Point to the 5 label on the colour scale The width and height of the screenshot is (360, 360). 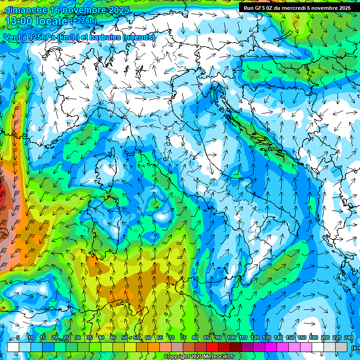tap(18, 337)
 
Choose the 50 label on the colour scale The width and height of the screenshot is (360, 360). tap(124, 337)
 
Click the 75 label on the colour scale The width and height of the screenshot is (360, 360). tap(183, 337)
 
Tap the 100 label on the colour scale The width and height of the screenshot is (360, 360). tap(231, 337)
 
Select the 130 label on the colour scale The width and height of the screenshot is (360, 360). tap(266, 337)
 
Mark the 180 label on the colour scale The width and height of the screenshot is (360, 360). tap(313, 337)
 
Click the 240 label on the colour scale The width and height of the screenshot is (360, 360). tap(348, 337)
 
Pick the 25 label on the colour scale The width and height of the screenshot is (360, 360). tap(66, 337)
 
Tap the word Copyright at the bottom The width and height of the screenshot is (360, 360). tap(176, 357)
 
